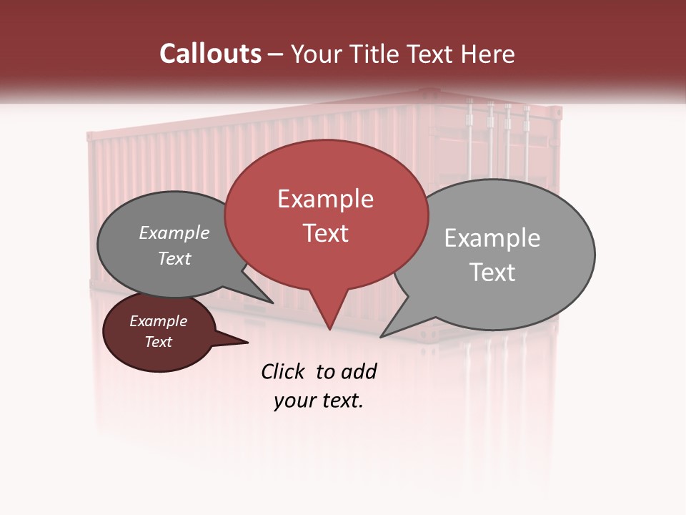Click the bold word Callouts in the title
210,54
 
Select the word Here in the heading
487,54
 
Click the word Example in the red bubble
325,199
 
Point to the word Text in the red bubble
325,233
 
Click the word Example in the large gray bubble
492,238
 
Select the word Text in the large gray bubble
492,273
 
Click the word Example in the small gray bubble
174,233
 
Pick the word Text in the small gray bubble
174,259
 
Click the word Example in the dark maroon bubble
158,321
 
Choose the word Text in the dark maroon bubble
158,342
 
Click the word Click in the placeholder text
282,371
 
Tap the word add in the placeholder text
359,371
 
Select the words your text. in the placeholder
319,401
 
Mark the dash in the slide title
276,54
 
